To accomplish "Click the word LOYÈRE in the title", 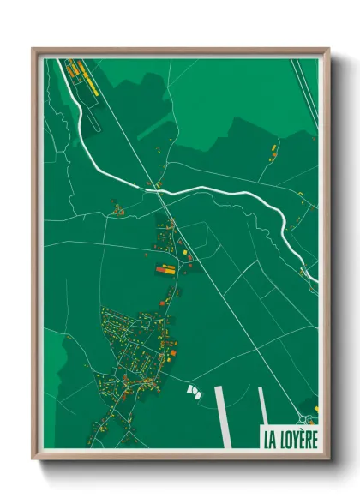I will tap(296, 440).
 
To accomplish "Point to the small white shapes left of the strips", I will tap(193, 391).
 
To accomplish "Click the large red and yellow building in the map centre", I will tap(165, 269).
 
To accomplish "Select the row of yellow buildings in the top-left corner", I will tap(84, 77).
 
